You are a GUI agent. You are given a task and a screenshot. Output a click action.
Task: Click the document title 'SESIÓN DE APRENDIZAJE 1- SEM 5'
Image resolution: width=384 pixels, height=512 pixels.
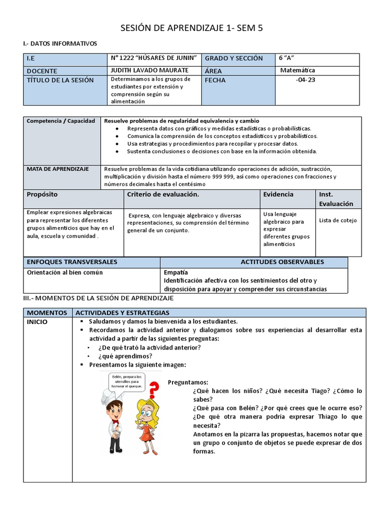coord(191,28)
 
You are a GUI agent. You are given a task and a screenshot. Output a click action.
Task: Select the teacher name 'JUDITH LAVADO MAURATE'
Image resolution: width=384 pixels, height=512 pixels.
coord(149,70)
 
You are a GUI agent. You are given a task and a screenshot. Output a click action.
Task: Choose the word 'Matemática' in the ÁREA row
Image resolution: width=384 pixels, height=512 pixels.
coord(298,70)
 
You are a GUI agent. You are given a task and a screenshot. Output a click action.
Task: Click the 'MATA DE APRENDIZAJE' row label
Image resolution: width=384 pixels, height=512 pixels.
coord(57,169)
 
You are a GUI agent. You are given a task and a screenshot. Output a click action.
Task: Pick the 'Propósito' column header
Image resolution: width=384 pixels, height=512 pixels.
coord(42,194)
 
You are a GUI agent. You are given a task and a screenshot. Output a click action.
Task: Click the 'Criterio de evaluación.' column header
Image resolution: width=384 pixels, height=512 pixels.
coord(163,194)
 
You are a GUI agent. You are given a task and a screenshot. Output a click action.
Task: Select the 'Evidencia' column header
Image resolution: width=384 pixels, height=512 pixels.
coord(278,194)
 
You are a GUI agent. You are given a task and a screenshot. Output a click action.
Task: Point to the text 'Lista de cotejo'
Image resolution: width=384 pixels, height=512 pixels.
coord(337,220)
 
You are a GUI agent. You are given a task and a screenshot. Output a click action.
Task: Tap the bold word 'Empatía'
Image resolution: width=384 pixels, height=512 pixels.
coord(176,272)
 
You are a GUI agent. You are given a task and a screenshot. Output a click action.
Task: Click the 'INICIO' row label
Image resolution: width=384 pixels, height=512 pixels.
coord(37,322)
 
